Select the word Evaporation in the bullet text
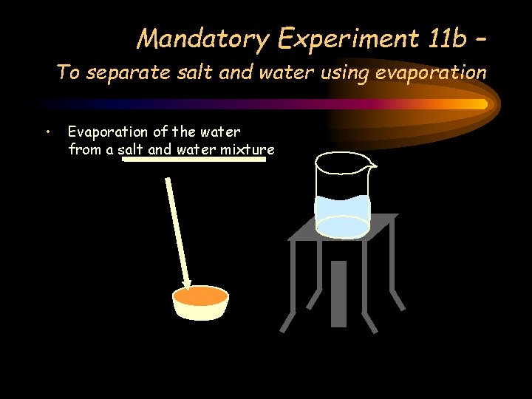tap(108, 132)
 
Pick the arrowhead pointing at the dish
tap(188, 282)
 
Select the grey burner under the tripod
tap(338, 293)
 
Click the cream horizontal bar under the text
tap(194, 158)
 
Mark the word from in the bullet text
tap(83, 150)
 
